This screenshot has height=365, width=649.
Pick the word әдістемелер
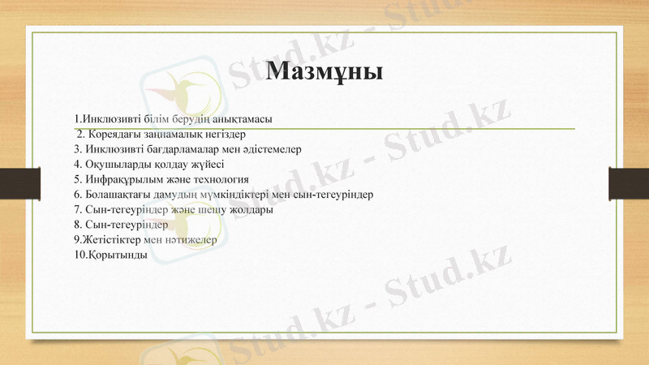(269, 149)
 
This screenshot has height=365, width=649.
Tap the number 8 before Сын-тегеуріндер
(76, 225)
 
